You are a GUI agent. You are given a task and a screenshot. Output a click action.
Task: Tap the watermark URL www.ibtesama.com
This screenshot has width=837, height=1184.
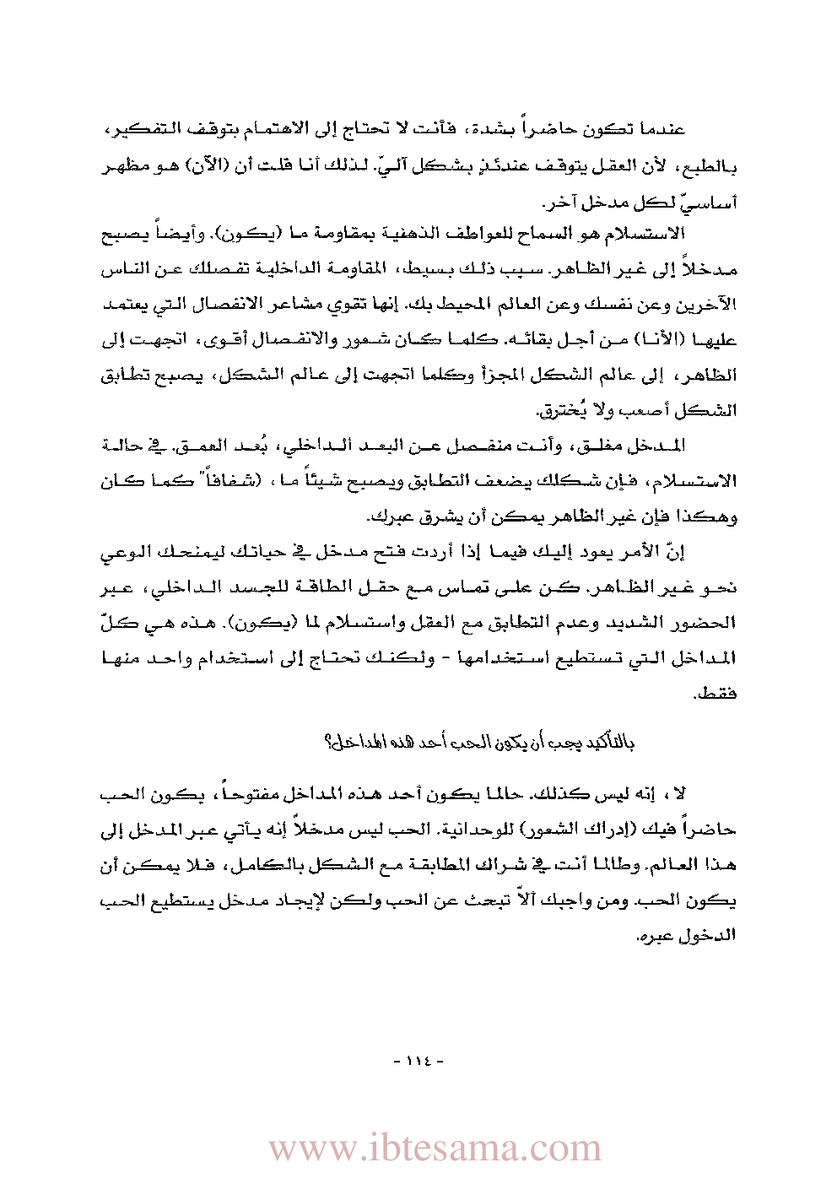[x=435, y=1149]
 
